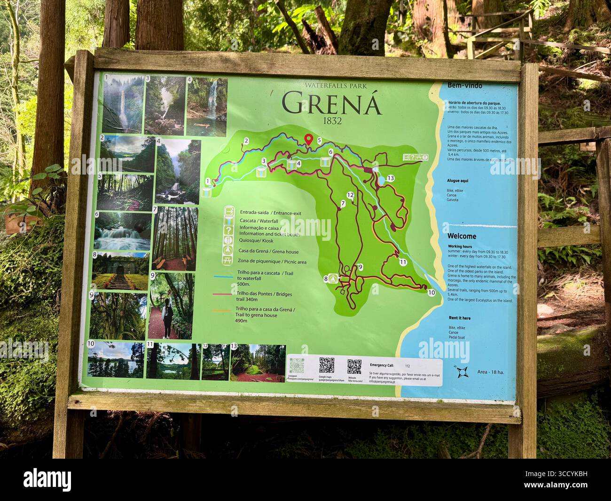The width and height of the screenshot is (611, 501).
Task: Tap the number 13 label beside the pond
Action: (390, 178)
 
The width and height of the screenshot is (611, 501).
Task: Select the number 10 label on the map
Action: (431, 293)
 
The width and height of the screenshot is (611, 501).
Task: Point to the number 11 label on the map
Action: (403, 262)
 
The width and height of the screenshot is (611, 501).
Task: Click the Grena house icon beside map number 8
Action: (333, 278)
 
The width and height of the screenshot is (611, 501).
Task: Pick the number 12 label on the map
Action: (350, 195)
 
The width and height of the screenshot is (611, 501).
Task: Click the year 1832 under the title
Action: (332, 120)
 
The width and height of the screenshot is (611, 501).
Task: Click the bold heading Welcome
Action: (462, 236)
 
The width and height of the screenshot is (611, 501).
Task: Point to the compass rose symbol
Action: (462, 372)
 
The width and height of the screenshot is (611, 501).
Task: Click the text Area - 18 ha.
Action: (490, 372)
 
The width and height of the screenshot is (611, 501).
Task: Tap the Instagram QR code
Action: (297, 366)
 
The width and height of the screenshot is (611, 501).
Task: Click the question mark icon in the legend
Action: (228, 231)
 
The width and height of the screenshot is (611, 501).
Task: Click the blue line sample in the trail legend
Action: (223, 277)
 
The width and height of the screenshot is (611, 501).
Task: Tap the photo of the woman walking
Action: (171, 305)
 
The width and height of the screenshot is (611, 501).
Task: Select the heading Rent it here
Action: (459, 318)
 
